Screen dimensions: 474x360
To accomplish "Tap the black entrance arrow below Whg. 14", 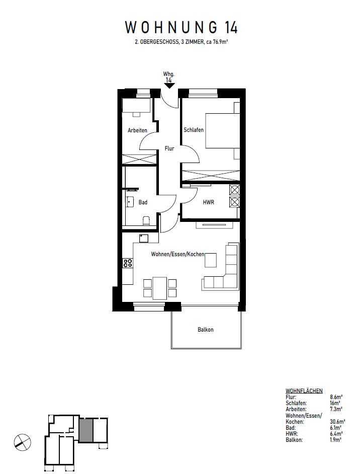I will click(x=169, y=85).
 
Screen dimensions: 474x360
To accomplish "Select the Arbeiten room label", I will click(x=137, y=130).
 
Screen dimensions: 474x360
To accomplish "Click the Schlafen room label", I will click(x=194, y=130).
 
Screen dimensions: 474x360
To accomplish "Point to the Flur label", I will click(x=169, y=149).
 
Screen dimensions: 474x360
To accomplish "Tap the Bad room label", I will click(x=143, y=202).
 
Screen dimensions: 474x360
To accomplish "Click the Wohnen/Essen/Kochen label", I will click(x=177, y=254).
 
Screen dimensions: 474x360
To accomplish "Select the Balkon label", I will click(x=205, y=330).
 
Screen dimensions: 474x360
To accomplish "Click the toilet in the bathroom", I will click(x=146, y=220).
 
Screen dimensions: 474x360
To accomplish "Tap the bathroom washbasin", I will click(x=130, y=202).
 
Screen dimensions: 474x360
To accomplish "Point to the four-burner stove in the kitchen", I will click(x=127, y=263).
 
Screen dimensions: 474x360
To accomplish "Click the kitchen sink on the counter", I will click(x=144, y=238).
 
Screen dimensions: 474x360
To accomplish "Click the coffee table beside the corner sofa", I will click(x=211, y=260).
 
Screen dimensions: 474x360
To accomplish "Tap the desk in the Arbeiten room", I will click(x=137, y=106).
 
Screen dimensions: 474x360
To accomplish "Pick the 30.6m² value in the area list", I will click(x=336, y=422).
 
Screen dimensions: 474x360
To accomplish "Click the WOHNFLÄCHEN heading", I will click(x=304, y=391).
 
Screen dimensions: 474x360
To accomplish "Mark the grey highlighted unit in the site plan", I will click(x=85, y=430).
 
